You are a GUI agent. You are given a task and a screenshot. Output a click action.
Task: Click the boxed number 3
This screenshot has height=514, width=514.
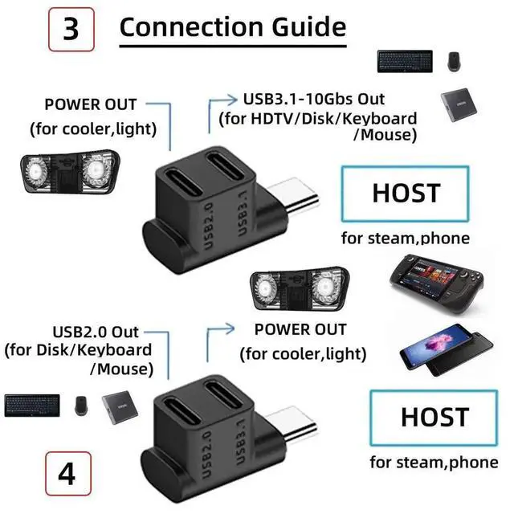pyautogui.click(x=71, y=29)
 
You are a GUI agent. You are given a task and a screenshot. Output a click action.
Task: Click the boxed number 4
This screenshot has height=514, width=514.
pyautogui.click(x=67, y=474)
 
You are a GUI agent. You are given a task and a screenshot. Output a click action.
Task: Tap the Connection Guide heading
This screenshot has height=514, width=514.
pyautogui.click(x=232, y=27)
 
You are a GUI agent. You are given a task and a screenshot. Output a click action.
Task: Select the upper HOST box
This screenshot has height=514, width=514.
pyautogui.click(x=405, y=194)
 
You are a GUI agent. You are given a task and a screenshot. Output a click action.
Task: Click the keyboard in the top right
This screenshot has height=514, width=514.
pyautogui.click(x=405, y=61)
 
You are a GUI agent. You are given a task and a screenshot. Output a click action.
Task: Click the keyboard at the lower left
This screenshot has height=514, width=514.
pyautogui.click(x=33, y=405)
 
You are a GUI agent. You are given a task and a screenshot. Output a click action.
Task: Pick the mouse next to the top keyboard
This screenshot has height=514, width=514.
pyautogui.click(x=454, y=61)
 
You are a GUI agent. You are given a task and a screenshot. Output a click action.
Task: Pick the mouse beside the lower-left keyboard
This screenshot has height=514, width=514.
pyautogui.click(x=81, y=405)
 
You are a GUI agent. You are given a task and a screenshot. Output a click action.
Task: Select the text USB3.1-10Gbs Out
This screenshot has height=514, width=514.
pyautogui.click(x=313, y=100)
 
